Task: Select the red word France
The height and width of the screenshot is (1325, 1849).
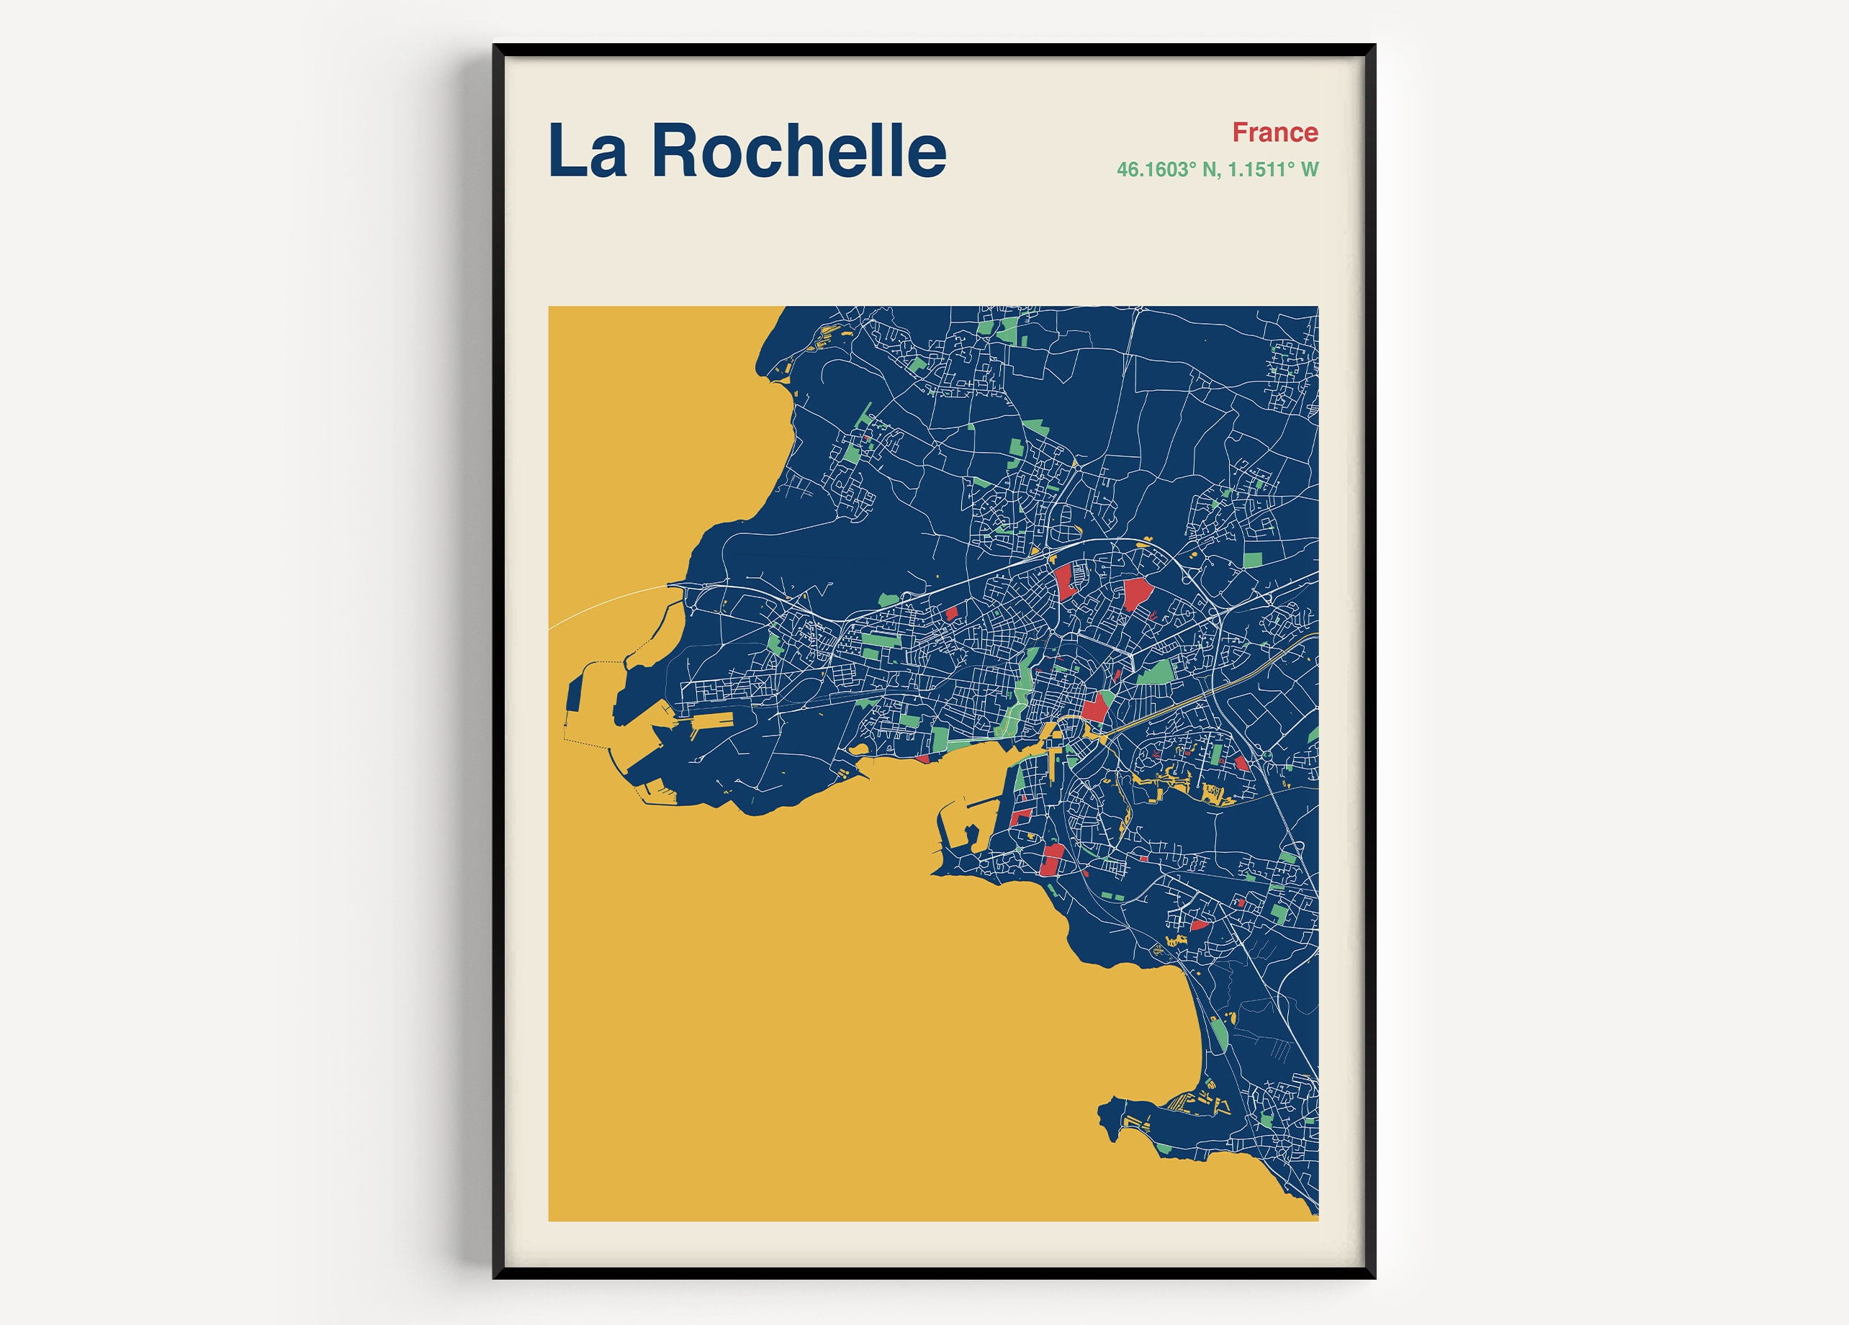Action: pyautogui.click(x=1274, y=132)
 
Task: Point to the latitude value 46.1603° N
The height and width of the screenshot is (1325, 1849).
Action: pyautogui.click(x=1166, y=170)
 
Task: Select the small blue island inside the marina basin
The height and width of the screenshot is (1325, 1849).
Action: pyautogui.click(x=972, y=833)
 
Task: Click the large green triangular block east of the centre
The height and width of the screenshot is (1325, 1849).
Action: pyautogui.click(x=1157, y=673)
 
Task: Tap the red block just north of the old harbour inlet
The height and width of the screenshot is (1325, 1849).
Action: pyautogui.click(x=1095, y=707)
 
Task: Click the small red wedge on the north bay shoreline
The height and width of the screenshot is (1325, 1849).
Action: pyautogui.click(x=922, y=759)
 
